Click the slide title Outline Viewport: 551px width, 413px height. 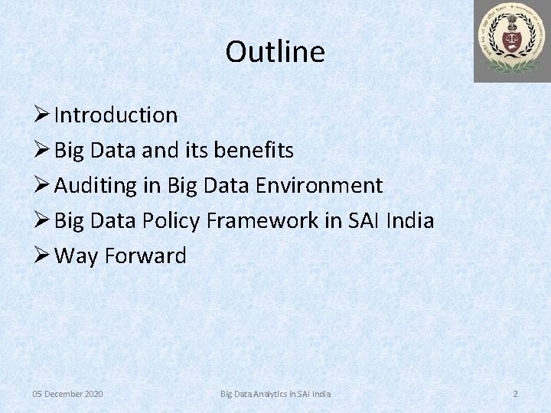[275, 52]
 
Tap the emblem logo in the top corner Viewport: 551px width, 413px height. [511, 41]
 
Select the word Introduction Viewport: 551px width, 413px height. [116, 115]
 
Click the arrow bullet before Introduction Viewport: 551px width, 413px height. [42, 115]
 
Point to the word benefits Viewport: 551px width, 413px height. [253, 151]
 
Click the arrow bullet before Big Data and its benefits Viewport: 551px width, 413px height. [42, 151]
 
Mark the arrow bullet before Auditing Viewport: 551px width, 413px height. [42, 186]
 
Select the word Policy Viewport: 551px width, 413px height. [172, 221]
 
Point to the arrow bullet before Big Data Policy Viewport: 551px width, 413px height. [42, 221]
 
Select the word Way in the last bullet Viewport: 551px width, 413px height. [77, 256]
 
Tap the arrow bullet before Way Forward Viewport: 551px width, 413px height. [42, 256]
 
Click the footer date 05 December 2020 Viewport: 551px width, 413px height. [67, 394]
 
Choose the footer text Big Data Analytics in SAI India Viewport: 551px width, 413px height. [275, 394]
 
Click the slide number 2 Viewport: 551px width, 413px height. [515, 394]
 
